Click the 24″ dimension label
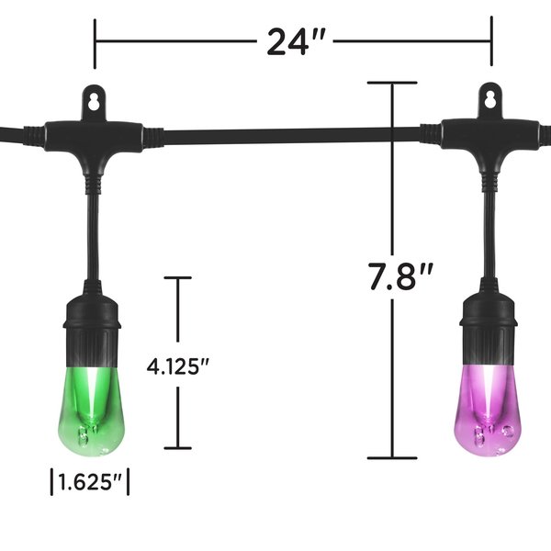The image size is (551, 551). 293,42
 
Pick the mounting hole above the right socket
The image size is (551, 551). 489,96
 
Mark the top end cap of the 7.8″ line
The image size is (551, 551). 392,84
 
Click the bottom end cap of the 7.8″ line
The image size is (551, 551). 392,456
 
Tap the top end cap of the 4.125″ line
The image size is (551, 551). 178,278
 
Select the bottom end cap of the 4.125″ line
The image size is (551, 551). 178,448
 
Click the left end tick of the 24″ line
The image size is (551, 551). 95,42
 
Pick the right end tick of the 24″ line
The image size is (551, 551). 491,42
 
